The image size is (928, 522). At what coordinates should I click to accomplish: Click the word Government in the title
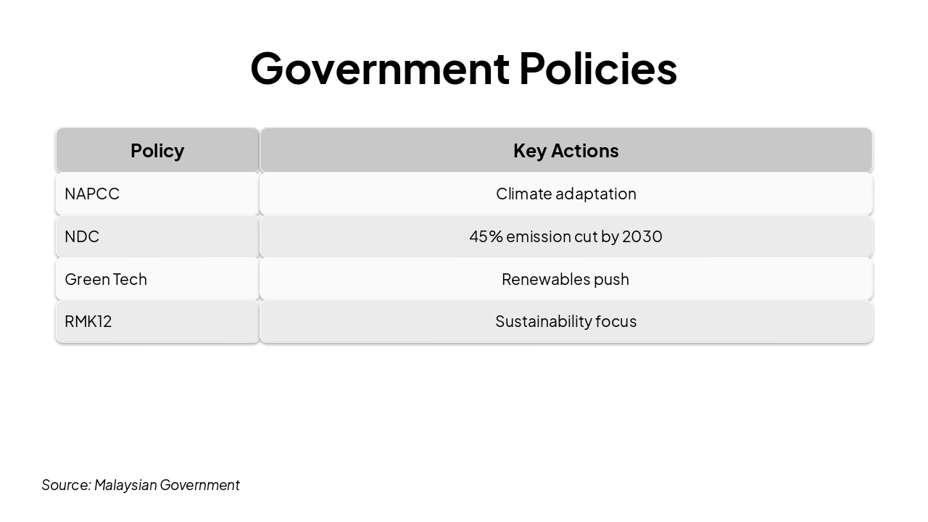tap(380, 68)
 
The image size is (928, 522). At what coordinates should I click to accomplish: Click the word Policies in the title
tap(597, 68)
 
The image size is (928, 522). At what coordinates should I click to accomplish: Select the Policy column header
tap(157, 150)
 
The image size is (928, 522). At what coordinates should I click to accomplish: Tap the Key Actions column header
tap(565, 150)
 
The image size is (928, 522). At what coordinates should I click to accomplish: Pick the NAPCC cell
tap(157, 194)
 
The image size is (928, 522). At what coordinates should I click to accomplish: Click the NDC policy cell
tap(157, 236)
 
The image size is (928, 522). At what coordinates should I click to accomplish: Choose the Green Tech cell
tap(157, 279)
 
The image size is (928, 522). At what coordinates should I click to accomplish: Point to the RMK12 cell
tap(157, 321)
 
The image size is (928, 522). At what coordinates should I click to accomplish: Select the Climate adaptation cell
tap(565, 194)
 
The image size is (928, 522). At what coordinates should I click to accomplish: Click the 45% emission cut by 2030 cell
tap(565, 236)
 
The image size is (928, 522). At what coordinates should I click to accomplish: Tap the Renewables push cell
tap(565, 279)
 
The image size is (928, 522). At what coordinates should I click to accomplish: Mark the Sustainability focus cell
tap(565, 321)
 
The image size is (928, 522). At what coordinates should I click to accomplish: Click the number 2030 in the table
tap(642, 236)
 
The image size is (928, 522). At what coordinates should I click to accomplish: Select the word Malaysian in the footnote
tap(125, 485)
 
